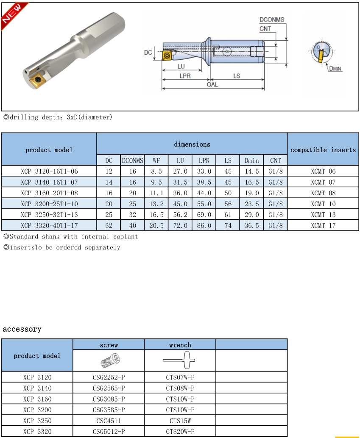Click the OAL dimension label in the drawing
[x=212, y=85]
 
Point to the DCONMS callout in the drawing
[x=272, y=20]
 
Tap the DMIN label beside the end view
[x=335, y=69]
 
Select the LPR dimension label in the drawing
[x=185, y=76]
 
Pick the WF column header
[x=156, y=161]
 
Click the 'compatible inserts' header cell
[x=323, y=150]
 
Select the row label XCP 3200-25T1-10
[x=49, y=204]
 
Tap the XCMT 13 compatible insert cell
[x=323, y=215]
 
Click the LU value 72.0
[x=180, y=225]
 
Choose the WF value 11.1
[x=156, y=193]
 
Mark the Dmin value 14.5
[x=252, y=171]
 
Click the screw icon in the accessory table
[x=109, y=361]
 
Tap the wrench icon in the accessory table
[x=180, y=361]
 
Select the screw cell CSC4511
[x=109, y=421]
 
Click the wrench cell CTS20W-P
[x=180, y=431]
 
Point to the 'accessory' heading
[x=22, y=329]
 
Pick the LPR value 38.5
[x=204, y=182]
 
